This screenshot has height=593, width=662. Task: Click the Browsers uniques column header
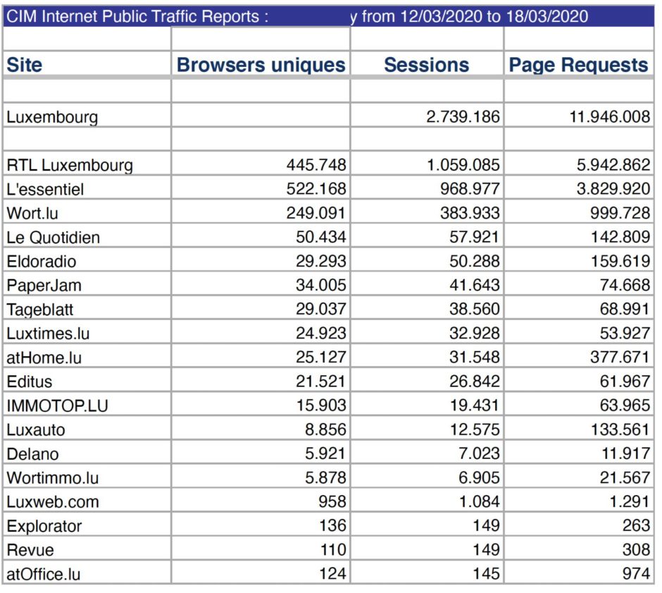[x=261, y=65]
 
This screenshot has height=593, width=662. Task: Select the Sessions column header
[x=426, y=65]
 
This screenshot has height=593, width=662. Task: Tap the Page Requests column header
[x=578, y=65]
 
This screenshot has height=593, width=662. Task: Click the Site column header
[x=25, y=65]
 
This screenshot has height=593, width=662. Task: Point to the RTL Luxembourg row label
[x=70, y=166]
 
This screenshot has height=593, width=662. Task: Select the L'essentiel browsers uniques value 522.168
[x=316, y=190]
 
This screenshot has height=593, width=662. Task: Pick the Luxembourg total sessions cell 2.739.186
[x=463, y=117]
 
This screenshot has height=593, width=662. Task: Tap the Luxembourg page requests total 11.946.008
[x=609, y=117]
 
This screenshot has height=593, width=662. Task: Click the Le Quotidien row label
[x=54, y=238]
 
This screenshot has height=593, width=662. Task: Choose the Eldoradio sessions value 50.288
[x=475, y=262]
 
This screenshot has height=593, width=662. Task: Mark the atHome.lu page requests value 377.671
[x=620, y=357]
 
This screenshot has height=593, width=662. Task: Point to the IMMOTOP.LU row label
[x=58, y=405]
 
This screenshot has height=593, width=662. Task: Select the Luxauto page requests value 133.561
[x=620, y=429]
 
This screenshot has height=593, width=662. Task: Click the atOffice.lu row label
[x=44, y=574]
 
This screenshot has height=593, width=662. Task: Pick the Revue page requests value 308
[x=636, y=549]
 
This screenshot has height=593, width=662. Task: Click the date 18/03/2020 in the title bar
[x=547, y=16]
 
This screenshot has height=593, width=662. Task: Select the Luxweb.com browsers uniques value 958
[x=331, y=501]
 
